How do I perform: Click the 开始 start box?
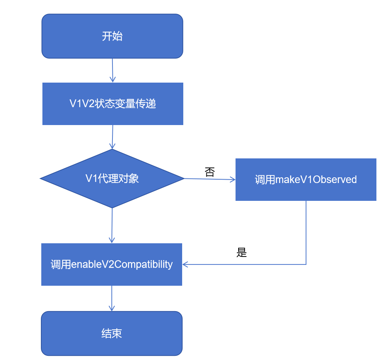pyautogui.click(x=112, y=36)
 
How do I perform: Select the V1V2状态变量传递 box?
pyautogui.click(x=112, y=104)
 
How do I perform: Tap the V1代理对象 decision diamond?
pyautogui.click(x=112, y=178)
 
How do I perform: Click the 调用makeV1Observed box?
pyautogui.click(x=306, y=179)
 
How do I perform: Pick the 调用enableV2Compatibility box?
pyautogui.click(x=111, y=264)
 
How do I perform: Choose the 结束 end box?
pyautogui.click(x=112, y=333)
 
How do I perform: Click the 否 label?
pyautogui.click(x=210, y=172)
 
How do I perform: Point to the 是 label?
pyautogui.click(x=242, y=253)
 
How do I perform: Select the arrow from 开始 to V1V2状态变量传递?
pyautogui.click(x=112, y=70)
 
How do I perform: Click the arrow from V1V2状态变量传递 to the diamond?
pyautogui.click(x=112, y=137)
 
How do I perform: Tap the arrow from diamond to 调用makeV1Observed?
pyautogui.click(x=210, y=179)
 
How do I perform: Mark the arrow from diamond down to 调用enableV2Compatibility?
pyautogui.click(x=112, y=225)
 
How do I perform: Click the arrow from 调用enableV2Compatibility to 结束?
pyautogui.click(x=112, y=298)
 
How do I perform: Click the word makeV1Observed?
pyautogui.click(x=316, y=179)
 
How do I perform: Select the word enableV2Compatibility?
pyautogui.click(x=122, y=264)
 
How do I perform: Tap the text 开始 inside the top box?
pyautogui.click(x=112, y=36)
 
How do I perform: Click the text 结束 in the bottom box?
pyautogui.click(x=112, y=333)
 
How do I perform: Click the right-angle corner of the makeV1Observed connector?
pyautogui.click(x=306, y=264)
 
